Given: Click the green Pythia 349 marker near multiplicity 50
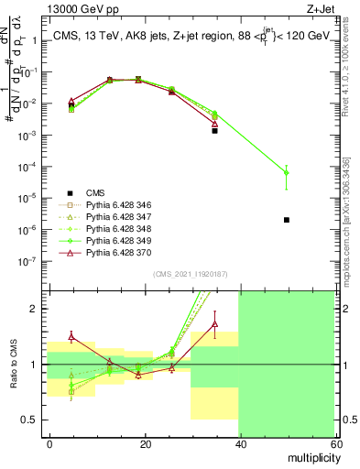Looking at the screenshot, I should [x=287, y=172].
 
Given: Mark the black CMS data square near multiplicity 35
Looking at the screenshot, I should [x=214, y=131].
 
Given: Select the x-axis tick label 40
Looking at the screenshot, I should [x=238, y=443].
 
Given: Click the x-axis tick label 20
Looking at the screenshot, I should [x=144, y=443].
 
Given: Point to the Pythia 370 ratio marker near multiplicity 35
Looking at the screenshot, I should [x=214, y=324].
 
